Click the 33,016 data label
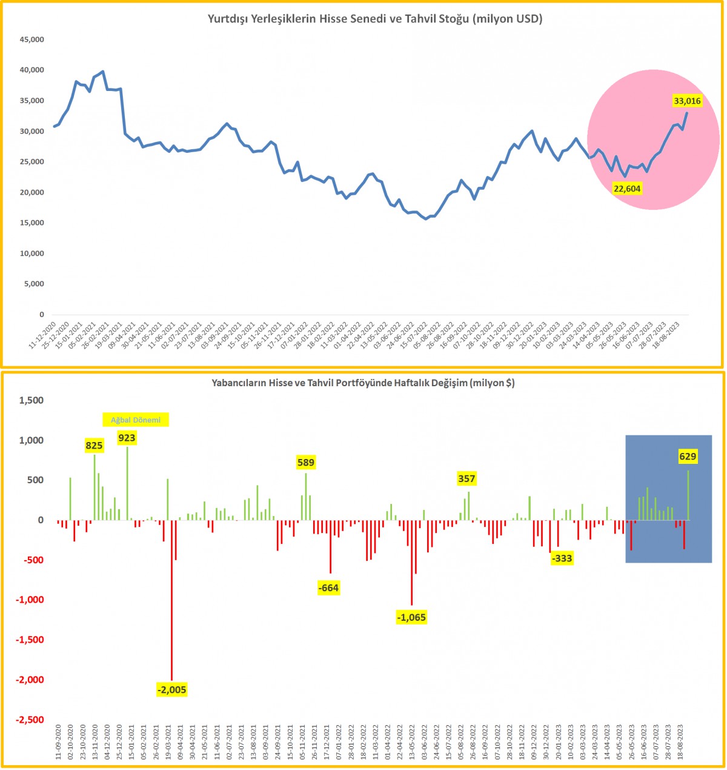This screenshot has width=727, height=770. (687, 101)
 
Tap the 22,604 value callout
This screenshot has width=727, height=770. (627, 189)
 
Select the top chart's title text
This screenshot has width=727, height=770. (375, 19)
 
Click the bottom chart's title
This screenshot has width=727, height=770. (363, 383)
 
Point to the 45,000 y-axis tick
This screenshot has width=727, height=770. (32, 39)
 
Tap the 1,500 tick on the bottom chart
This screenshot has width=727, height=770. (32, 400)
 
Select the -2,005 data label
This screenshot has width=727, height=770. (171, 689)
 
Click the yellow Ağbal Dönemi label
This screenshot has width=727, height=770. (136, 420)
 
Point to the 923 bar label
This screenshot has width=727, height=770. (127, 438)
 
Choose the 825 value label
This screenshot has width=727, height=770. (94, 446)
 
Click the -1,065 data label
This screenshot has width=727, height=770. (411, 617)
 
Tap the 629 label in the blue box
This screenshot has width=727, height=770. (688, 457)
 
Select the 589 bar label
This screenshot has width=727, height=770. (306, 463)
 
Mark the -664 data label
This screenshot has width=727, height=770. (328, 588)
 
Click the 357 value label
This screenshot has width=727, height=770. (466, 478)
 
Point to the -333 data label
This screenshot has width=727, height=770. (562, 558)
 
